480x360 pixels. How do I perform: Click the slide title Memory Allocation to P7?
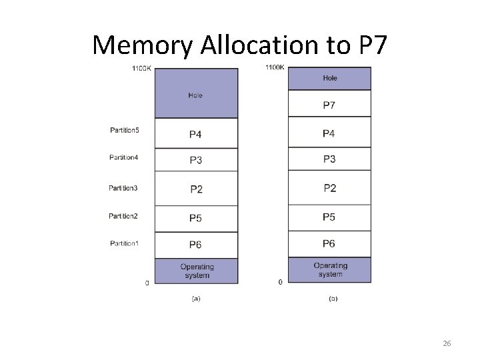click(x=239, y=45)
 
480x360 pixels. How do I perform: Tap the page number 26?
click(x=447, y=343)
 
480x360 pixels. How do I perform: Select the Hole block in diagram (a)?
click(x=195, y=93)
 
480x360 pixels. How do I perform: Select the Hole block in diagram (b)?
click(x=329, y=78)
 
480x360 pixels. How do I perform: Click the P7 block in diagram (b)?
click(x=329, y=105)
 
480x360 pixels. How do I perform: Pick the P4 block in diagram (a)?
click(x=195, y=134)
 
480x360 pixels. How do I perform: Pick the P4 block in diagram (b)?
click(x=329, y=133)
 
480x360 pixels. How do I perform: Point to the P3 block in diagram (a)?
click(x=195, y=160)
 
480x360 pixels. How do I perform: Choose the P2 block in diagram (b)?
click(x=329, y=188)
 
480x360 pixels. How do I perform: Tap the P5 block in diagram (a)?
click(x=195, y=218)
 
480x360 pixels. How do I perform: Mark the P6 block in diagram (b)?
click(x=329, y=243)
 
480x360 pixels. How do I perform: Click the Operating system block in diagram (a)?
click(x=195, y=271)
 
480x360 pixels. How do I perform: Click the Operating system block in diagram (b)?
click(x=329, y=270)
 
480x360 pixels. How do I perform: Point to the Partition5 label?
click(x=125, y=129)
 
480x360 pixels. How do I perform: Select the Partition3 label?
click(x=123, y=188)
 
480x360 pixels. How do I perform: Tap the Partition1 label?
click(x=125, y=243)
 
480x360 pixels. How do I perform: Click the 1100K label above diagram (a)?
click(x=142, y=68)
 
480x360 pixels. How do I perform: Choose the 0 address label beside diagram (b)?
click(x=280, y=282)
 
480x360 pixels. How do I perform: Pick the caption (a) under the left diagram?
click(x=195, y=299)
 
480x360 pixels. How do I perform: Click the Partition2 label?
click(x=123, y=215)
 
